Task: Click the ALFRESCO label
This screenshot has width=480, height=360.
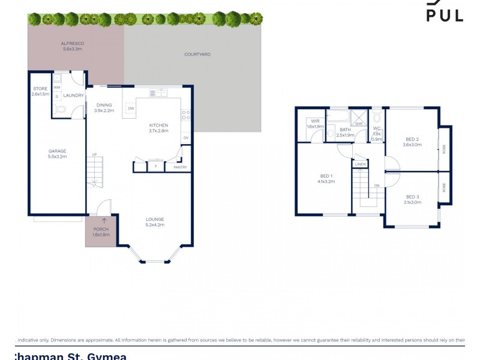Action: click(x=72, y=44)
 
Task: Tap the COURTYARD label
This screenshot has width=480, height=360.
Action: click(x=197, y=55)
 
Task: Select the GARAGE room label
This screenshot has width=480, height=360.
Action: click(x=58, y=151)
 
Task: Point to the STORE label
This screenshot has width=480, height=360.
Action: click(x=40, y=89)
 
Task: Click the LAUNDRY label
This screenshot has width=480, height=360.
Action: click(x=74, y=95)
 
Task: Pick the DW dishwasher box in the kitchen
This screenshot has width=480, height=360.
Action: click(x=130, y=109)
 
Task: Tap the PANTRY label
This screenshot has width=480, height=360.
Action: click(x=181, y=167)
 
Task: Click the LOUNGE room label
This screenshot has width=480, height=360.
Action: click(x=155, y=219)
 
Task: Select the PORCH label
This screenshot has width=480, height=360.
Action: click(x=101, y=230)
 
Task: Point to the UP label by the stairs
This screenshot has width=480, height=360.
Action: click(x=94, y=155)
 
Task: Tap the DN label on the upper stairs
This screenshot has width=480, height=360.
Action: click(x=377, y=185)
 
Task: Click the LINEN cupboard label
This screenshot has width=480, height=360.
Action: click(x=360, y=164)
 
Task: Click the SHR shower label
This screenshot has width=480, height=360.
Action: click(x=359, y=124)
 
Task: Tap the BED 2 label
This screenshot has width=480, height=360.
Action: click(x=412, y=139)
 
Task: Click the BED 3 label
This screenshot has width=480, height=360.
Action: click(x=412, y=197)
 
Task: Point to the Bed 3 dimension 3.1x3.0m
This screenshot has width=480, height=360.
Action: click(x=412, y=203)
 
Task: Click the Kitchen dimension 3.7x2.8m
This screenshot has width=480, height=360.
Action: click(x=158, y=131)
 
